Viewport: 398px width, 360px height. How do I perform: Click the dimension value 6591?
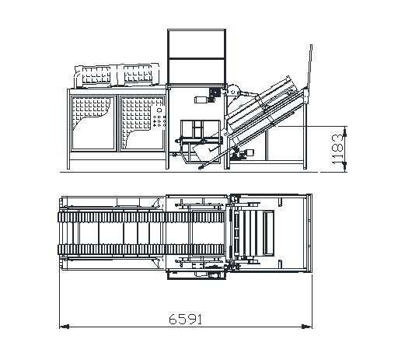point(185,319)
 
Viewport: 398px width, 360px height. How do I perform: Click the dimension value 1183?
point(337,149)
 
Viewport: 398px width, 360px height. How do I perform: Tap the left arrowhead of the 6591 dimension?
point(65,327)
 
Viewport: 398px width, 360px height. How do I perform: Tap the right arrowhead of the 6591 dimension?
point(307,327)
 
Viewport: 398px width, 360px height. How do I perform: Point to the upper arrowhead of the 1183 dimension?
point(344,131)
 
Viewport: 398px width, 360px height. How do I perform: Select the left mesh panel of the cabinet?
point(93,123)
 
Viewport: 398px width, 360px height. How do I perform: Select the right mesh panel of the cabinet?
point(142,123)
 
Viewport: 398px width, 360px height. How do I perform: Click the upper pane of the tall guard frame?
point(197,44)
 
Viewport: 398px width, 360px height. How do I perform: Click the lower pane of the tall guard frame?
point(197,72)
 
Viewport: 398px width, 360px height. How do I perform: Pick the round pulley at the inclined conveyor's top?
point(233,91)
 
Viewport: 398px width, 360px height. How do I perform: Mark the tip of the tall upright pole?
point(311,45)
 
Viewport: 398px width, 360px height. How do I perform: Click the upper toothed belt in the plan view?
point(141,217)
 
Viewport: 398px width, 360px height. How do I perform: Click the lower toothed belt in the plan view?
point(141,250)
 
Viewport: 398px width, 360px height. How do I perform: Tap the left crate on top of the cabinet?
point(96,75)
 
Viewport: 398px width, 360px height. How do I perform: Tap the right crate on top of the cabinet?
point(138,73)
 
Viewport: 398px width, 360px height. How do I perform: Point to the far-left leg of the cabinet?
point(68,129)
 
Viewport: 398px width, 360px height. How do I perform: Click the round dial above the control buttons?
point(159,110)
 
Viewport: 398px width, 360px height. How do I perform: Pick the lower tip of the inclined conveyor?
point(200,168)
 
